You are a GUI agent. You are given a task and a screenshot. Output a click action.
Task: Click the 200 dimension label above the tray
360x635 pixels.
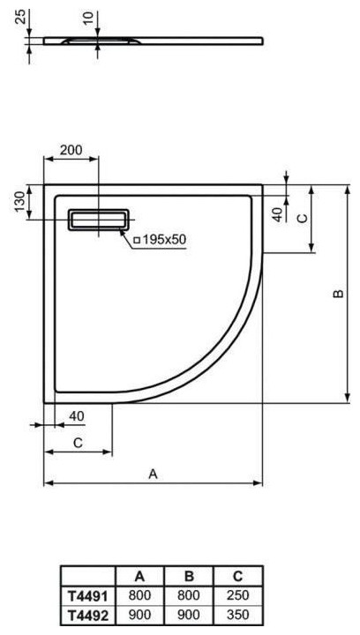[71, 150]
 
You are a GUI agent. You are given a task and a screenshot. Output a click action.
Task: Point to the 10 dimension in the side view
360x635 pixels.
[89, 19]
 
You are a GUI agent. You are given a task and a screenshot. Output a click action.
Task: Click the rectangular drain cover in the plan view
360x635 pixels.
[99, 220]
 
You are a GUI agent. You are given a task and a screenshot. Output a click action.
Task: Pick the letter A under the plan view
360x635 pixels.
[153, 474]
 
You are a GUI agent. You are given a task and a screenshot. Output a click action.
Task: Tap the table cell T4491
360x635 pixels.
[88, 596]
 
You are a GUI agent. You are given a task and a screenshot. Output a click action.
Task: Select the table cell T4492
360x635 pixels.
[88, 616]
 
